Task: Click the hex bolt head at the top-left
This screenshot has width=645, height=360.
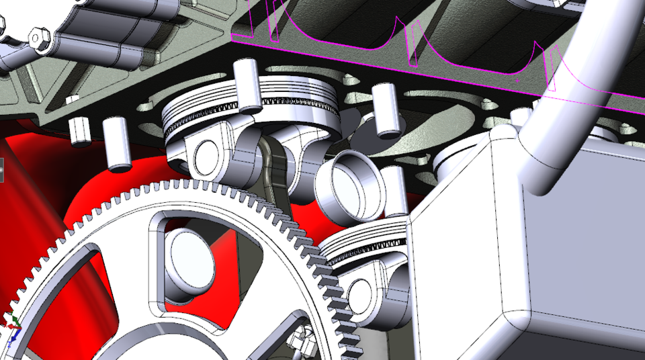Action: (39, 38)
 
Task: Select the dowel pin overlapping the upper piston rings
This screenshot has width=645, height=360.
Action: (248, 85)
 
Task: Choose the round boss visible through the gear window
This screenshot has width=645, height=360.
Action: (191, 259)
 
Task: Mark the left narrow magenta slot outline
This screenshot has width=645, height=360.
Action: (275, 20)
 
